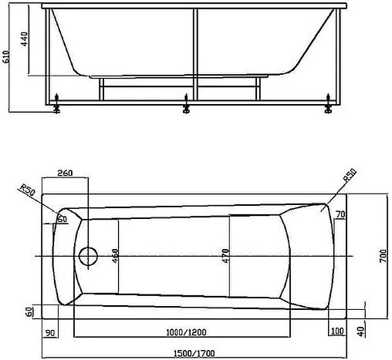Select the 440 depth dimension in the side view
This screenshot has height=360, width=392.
[x=24, y=42]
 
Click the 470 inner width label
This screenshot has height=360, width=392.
[x=227, y=255]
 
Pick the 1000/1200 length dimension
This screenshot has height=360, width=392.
[x=184, y=332]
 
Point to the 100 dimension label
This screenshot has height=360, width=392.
[x=336, y=331]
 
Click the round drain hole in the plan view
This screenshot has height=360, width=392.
[x=88, y=256]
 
